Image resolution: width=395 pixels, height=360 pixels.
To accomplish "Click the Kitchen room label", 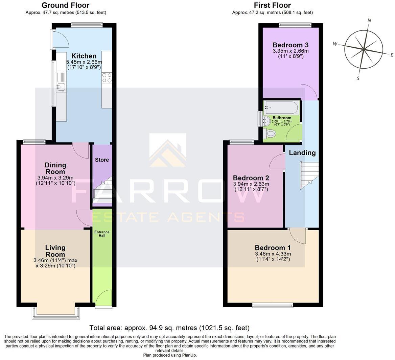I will (x=84, y=56).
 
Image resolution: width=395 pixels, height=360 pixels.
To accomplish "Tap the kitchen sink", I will (x=61, y=87).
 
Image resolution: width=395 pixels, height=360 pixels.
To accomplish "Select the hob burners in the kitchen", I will (x=107, y=78).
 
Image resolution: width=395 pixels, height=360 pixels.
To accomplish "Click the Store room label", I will (x=102, y=160).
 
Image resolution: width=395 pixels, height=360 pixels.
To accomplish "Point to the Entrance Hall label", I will (x=102, y=234).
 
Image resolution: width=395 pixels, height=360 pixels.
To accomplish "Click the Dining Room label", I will (x=55, y=168).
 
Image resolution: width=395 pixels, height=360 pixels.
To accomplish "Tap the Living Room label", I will (x=55, y=251).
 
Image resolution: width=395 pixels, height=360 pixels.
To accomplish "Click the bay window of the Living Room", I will (x=56, y=313).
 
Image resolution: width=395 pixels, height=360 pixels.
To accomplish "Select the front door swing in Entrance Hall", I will (x=103, y=298).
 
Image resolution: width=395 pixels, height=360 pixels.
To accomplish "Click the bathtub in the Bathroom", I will (x=281, y=108).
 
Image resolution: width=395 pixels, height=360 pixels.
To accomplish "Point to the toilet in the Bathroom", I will (x=271, y=134).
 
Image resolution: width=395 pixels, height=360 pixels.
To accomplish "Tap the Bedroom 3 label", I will (x=291, y=45).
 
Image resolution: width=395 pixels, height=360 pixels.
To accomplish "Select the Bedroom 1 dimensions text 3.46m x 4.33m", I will (x=273, y=254).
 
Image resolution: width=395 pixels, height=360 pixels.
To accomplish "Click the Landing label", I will (x=302, y=153).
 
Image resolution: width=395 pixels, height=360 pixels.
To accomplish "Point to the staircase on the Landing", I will (x=309, y=175).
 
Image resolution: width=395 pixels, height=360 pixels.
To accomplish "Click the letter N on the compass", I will (x=369, y=21).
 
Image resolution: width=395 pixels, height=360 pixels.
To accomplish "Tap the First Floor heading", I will (x=272, y=5).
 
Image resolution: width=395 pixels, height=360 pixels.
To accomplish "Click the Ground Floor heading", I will (x=65, y=5).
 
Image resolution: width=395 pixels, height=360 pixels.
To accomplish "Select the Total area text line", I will (x=169, y=328).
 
